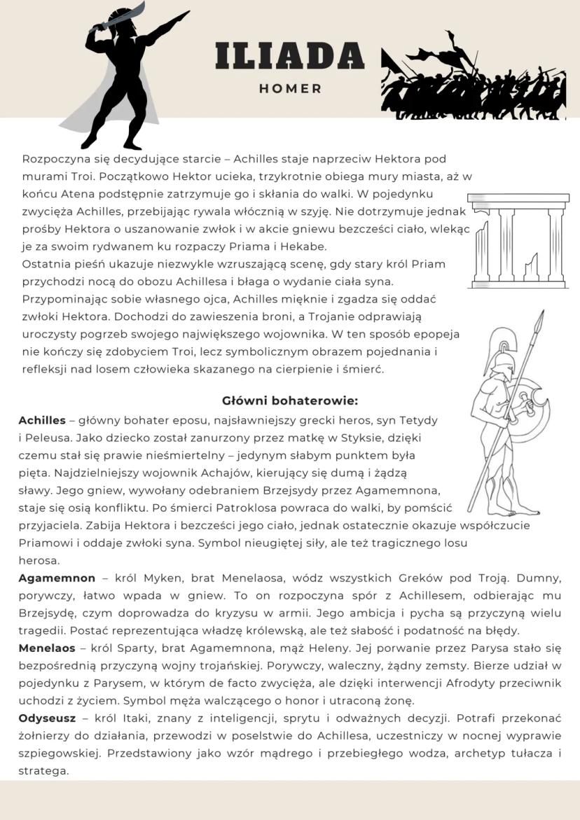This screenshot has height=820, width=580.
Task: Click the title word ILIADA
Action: tap(289, 56)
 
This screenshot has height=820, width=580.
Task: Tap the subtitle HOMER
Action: tap(290, 89)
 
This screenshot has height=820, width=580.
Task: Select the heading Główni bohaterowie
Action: tap(290, 401)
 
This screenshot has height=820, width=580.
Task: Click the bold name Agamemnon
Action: tap(57, 578)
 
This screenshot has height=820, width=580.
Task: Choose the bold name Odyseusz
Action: tap(47, 718)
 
